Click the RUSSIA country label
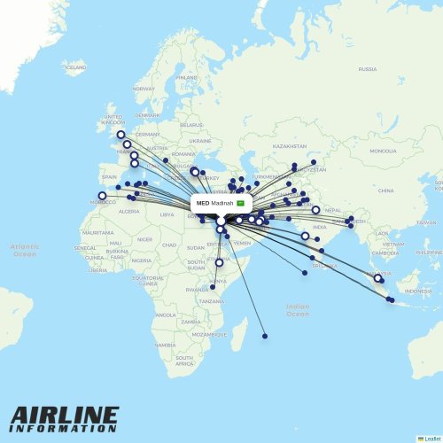367,68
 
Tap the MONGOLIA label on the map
384,151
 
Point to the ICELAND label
75,66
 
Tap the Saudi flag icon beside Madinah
240,204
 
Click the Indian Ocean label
298,309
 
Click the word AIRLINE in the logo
64,416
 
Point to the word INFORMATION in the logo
64,429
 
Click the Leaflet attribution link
431,438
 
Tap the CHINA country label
385,190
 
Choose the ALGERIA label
129,211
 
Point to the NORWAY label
144,89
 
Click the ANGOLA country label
166,315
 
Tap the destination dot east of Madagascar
265,336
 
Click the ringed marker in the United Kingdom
120,135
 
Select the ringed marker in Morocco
102,196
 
